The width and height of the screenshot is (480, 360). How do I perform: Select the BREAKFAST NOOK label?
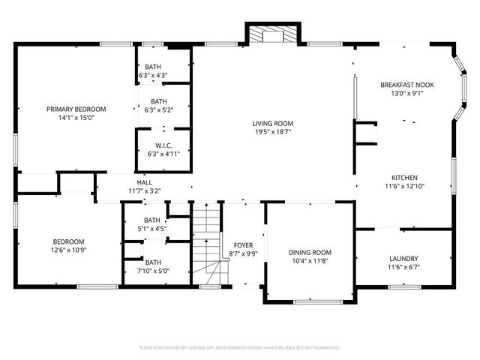[x=406, y=85]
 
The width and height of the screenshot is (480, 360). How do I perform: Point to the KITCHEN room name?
[x=404, y=178]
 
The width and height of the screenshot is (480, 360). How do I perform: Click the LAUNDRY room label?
[x=403, y=258]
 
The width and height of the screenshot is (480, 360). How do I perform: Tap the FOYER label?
[x=243, y=245]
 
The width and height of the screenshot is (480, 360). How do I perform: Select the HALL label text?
[x=144, y=182]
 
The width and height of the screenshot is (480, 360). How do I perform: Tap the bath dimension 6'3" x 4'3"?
[x=153, y=75]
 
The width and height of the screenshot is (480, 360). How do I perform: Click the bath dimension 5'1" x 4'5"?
[x=152, y=229]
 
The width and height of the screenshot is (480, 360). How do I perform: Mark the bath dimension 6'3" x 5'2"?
[x=158, y=110]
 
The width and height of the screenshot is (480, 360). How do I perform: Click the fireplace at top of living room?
[x=272, y=34]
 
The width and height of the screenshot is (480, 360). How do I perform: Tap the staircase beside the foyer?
[x=208, y=244]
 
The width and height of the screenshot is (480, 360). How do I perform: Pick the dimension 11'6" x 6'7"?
[x=403, y=267]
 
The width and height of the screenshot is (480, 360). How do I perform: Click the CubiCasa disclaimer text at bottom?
[x=240, y=348]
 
